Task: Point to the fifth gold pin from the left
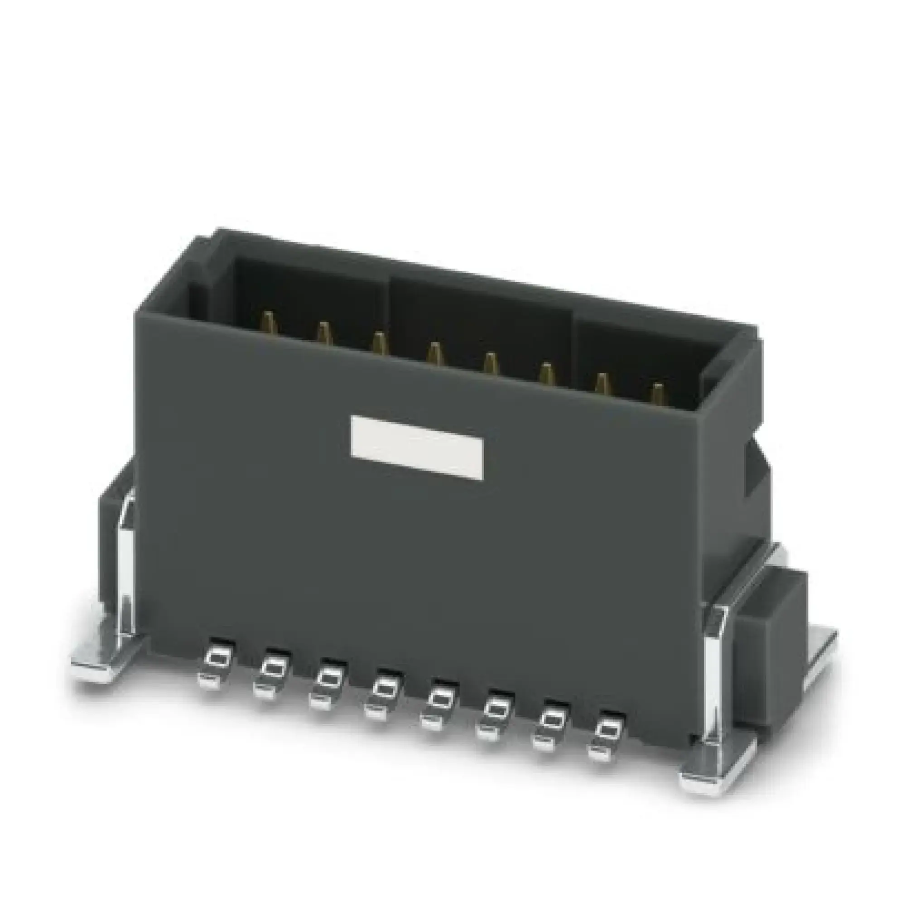(490, 363)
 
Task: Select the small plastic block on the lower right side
(769, 652)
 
